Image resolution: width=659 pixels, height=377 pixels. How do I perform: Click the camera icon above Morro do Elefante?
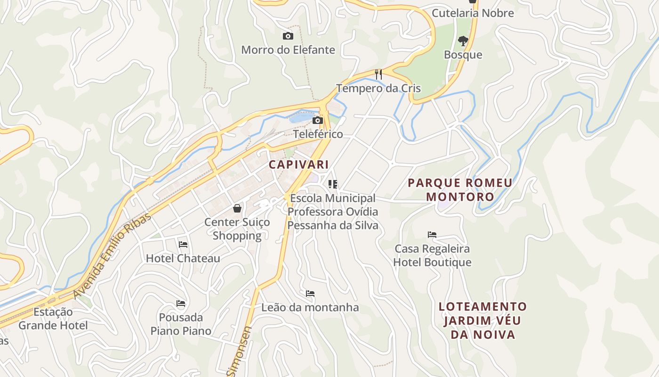pos(288,36)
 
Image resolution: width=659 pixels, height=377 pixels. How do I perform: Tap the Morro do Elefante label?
pos(288,50)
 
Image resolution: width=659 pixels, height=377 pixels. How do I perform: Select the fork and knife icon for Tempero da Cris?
pos(378,74)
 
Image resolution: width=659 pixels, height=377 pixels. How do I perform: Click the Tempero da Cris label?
pos(378,88)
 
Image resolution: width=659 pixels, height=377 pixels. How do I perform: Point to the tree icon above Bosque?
pos(463,41)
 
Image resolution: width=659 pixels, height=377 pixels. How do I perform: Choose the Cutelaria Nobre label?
pos(473,13)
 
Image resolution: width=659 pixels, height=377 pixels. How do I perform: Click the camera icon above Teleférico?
pos(318,121)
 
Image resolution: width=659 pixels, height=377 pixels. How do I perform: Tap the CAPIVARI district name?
pos(298,164)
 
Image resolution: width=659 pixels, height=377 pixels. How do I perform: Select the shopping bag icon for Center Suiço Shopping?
pos(237,208)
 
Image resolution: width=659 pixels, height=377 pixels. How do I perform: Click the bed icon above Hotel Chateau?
pos(183,244)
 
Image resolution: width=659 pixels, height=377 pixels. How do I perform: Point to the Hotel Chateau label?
pos(183,258)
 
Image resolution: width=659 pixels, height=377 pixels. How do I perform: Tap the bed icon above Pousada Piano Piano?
pos(181,303)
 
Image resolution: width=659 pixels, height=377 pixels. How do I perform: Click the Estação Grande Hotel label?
pos(53,319)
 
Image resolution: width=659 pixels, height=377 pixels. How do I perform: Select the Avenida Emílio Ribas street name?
pos(113,256)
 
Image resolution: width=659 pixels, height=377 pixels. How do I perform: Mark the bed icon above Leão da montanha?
pos(310,293)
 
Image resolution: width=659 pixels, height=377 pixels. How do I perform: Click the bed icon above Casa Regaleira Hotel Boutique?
pos(432,234)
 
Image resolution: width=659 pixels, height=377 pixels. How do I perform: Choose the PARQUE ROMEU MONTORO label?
pos(460,189)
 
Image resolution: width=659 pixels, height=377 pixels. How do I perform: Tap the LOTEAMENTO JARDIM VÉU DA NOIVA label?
pos(482,320)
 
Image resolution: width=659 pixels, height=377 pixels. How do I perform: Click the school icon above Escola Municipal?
pos(333,184)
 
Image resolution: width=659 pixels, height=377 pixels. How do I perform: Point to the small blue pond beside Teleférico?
pos(301,117)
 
